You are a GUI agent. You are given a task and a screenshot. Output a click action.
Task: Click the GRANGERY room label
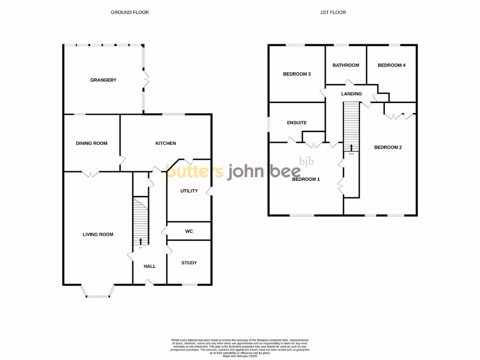103,80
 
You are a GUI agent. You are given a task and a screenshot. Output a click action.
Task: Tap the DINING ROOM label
91,143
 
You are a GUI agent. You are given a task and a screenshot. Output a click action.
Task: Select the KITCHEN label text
166,143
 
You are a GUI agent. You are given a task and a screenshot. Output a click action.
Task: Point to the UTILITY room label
189,191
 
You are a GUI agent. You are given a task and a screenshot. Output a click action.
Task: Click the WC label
189,232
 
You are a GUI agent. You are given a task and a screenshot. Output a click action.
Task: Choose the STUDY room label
189,263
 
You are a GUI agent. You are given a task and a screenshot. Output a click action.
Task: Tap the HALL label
150,266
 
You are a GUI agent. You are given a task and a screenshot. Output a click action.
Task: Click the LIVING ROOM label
98,234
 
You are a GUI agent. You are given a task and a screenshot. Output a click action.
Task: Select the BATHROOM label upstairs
346,65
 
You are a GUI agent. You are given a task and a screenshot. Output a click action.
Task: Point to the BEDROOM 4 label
391,65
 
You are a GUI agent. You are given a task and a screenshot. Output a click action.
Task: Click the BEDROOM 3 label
297,74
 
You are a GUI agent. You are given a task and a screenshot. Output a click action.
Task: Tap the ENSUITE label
297,123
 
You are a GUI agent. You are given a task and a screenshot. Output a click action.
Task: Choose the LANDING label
352,94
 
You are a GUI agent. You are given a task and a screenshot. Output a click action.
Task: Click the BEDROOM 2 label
388,147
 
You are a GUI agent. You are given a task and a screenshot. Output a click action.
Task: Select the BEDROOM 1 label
306,179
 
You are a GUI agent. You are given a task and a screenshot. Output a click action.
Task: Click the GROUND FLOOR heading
130,12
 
